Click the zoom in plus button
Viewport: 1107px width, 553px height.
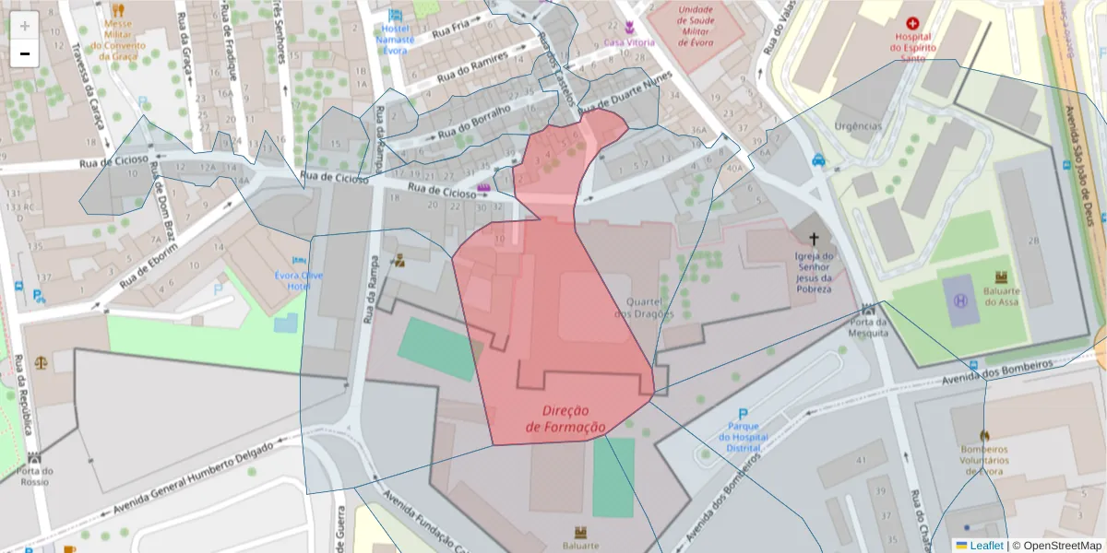coord(25,26)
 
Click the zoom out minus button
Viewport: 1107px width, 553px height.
coord(25,53)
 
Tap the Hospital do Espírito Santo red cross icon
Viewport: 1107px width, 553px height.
coord(913,23)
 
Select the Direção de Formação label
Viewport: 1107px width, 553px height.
coord(566,418)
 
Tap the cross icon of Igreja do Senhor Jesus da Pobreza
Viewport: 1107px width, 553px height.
coord(814,239)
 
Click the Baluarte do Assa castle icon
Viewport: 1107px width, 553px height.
coord(1001,276)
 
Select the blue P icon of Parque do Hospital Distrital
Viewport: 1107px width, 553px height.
coord(743,416)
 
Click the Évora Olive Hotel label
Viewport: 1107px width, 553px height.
coord(299,280)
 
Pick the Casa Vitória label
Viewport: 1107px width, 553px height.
coord(629,42)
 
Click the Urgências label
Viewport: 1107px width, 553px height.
coord(858,126)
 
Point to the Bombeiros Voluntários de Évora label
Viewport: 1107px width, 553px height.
coord(984,460)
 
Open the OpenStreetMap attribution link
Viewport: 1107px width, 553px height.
coord(1057,546)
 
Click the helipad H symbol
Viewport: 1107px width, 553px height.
coord(960,301)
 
